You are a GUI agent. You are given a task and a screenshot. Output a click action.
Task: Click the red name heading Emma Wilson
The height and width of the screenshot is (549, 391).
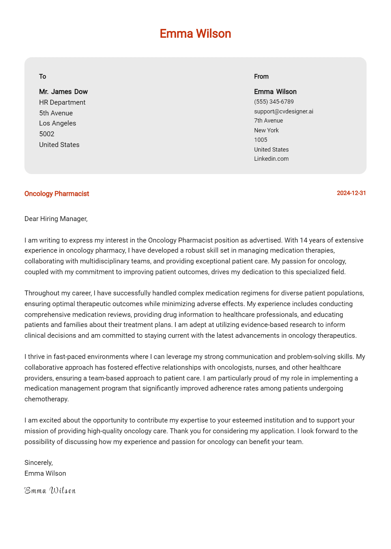point(195,34)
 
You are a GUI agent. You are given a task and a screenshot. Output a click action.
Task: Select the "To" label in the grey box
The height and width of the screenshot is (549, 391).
point(43,77)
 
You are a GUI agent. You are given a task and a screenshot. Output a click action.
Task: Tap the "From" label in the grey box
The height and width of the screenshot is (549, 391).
point(261,77)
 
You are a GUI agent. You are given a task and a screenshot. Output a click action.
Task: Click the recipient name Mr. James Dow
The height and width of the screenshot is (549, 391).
point(64,92)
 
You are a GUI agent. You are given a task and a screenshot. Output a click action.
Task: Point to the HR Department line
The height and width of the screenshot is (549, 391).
point(62,102)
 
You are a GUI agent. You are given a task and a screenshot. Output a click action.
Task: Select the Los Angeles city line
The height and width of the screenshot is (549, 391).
point(58,123)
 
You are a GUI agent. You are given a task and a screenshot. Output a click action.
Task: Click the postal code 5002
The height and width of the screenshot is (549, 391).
point(47,134)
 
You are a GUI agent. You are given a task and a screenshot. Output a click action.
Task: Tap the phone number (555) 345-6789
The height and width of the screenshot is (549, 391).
point(274,102)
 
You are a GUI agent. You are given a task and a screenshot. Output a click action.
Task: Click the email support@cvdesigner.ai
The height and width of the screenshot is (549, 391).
point(283,111)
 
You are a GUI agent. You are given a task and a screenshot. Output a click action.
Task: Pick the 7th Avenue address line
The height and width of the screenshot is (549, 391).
point(268,121)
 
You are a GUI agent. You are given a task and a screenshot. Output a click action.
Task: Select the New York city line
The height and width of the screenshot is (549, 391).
point(267,130)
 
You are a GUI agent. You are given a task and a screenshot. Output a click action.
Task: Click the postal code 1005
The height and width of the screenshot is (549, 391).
point(261,140)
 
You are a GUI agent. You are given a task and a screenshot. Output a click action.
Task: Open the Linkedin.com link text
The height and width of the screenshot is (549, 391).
point(271,159)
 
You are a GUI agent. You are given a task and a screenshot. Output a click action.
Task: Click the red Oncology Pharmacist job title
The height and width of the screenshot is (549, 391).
point(57,194)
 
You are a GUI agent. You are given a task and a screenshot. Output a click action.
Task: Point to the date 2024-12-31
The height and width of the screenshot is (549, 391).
point(351,193)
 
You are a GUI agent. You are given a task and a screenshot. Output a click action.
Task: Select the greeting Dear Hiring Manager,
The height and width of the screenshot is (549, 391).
point(56,219)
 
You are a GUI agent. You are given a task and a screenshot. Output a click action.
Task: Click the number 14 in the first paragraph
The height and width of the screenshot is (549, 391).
point(303,240)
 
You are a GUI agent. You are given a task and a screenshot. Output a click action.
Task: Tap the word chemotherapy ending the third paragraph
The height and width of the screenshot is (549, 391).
point(46,399)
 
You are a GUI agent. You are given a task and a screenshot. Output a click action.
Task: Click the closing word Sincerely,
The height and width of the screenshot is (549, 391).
point(38,463)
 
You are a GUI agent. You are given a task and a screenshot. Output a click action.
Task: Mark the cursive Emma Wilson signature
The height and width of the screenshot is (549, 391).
point(50,491)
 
